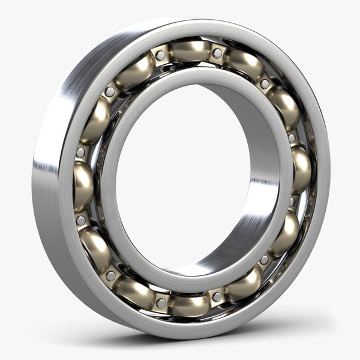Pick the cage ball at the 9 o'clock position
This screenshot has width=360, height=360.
pyautogui.click(x=83, y=185)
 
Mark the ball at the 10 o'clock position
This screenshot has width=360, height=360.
pyautogui.click(x=96, y=119)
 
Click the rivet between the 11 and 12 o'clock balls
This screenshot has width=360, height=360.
pyautogui.click(x=160, y=56)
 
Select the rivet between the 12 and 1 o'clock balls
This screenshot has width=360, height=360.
pyautogui.click(x=217, y=53)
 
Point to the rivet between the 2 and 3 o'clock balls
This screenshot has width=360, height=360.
pyautogui.click(x=292, y=138)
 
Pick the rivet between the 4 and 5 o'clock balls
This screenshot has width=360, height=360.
pyautogui.click(x=264, y=260)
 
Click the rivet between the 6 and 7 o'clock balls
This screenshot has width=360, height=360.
pyautogui.click(x=161, y=303)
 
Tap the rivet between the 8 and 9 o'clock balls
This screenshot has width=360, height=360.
pyautogui.click(x=80, y=220)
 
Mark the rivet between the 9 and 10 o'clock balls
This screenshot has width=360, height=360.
pyautogui.click(x=80, y=153)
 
